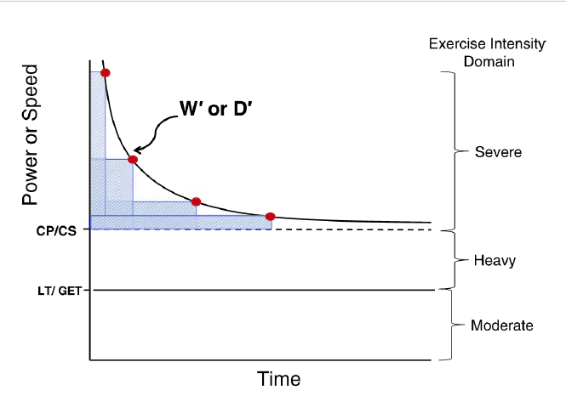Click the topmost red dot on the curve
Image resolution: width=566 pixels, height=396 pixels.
click(105, 73)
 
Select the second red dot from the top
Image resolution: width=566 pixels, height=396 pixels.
click(132, 159)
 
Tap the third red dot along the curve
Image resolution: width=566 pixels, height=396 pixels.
click(196, 201)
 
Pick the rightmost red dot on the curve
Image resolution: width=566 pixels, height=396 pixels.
click(271, 217)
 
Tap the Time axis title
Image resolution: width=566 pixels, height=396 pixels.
click(278, 378)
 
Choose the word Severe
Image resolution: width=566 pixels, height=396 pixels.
click(498, 153)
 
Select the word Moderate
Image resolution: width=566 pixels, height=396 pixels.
click(503, 325)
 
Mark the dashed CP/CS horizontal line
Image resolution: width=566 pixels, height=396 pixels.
click(357, 229)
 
